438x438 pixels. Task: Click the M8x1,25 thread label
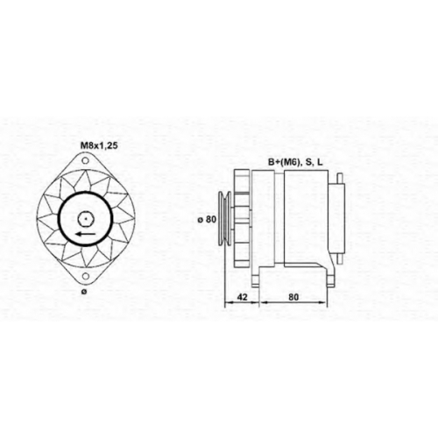pos(99,145)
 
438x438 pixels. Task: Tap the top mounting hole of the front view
pos(85,160)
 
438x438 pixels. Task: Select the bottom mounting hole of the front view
pos(85,276)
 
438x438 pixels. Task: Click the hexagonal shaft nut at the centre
pos(85,219)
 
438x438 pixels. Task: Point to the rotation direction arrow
pos(85,234)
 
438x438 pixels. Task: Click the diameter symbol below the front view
pos(84,292)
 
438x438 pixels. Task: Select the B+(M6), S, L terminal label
pos(295,163)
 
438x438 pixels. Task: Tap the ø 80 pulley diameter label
pos(207,219)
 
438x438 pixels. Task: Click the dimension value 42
pos(242,297)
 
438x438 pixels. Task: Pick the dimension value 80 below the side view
pos(293,297)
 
